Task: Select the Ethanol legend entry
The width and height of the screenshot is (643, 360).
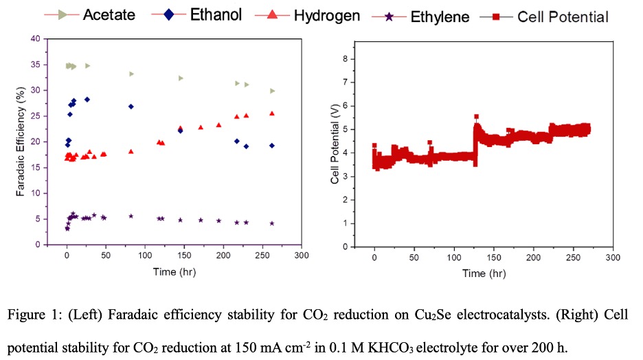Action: [x=216, y=14]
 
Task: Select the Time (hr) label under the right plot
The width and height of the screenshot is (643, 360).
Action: [x=484, y=273]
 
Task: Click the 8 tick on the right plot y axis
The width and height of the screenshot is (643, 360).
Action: [x=352, y=59]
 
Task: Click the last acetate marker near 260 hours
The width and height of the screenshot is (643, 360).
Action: [x=272, y=91]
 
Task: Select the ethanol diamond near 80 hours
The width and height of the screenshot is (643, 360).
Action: [x=131, y=106]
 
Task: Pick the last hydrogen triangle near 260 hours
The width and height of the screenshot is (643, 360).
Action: [x=272, y=113]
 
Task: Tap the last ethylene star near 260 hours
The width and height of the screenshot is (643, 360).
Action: [x=272, y=223]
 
